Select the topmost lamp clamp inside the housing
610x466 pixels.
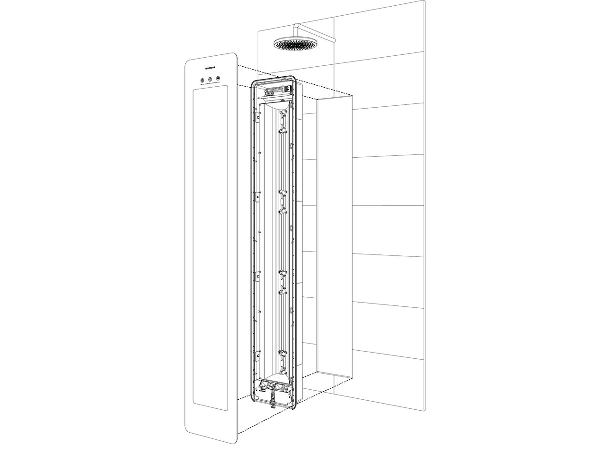(282, 122)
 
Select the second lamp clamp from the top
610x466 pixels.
(282, 200)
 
